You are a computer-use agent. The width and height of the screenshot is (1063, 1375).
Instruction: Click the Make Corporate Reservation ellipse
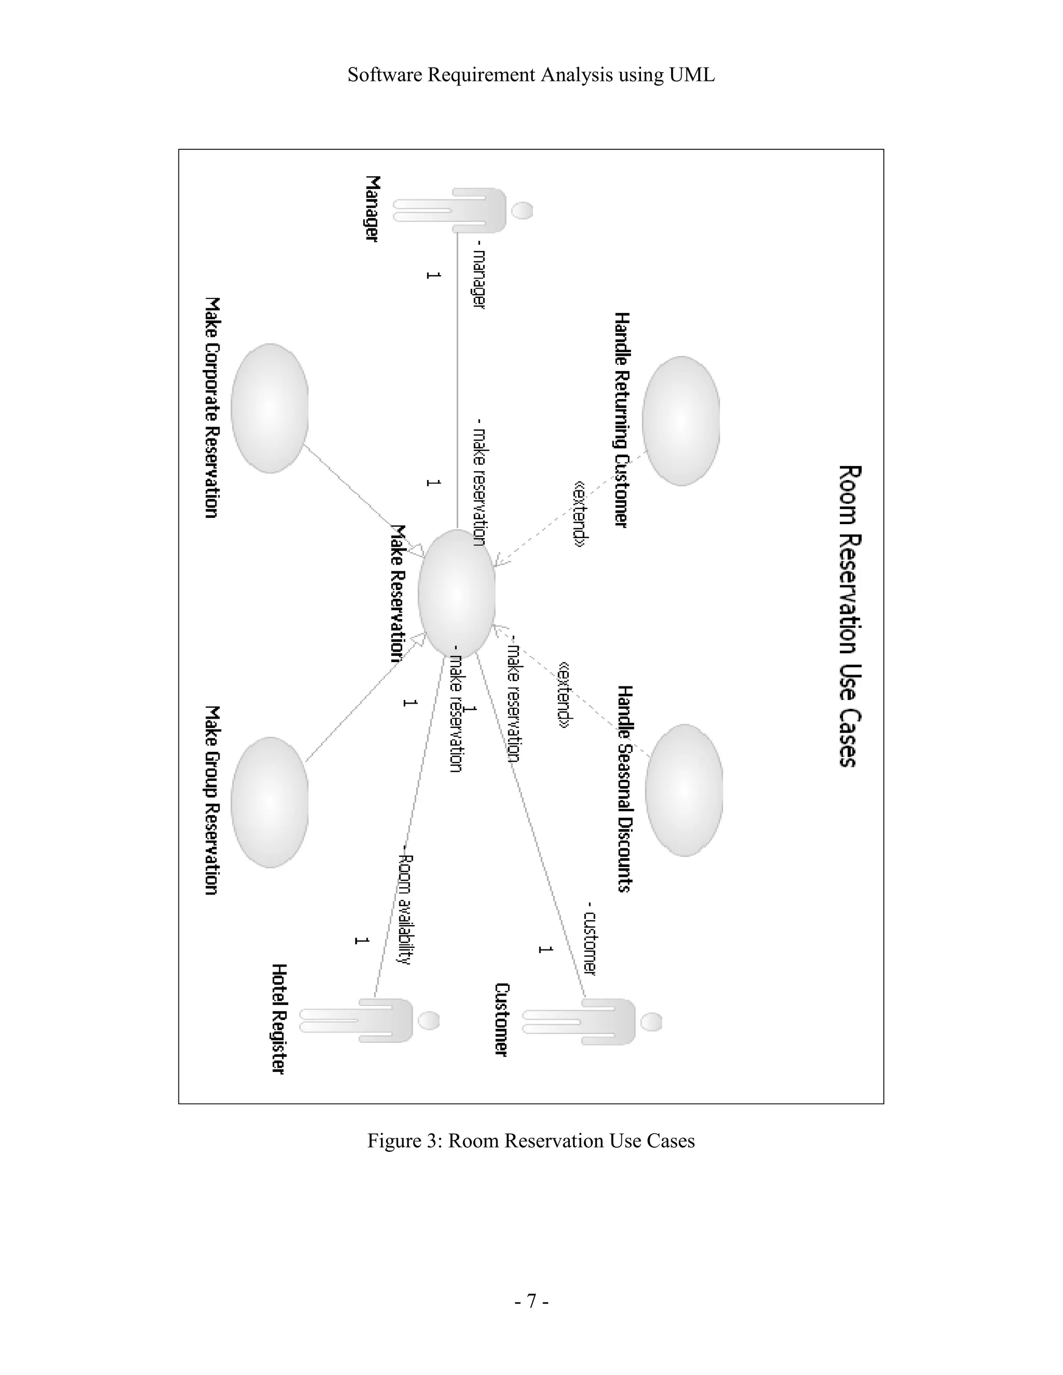[269, 408]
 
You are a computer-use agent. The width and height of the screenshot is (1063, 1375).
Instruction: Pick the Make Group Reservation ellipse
[269, 802]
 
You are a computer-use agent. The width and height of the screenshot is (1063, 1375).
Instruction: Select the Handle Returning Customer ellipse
[681, 421]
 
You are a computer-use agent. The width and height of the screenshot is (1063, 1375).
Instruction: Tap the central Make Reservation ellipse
[457, 594]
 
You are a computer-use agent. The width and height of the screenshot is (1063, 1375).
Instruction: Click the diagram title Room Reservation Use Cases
[849, 616]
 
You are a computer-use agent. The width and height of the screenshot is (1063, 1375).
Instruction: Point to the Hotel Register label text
[278, 1019]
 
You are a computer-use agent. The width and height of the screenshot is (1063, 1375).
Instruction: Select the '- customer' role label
[590, 939]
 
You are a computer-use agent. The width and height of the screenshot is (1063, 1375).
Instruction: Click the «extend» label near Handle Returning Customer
[579, 513]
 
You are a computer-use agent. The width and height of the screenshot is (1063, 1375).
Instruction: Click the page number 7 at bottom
[531, 1301]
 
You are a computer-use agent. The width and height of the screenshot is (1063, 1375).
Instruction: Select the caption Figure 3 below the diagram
[531, 1141]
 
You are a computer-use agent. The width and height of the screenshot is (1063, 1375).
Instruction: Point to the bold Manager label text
[373, 209]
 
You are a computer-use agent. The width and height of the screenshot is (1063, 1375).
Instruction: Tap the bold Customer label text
[501, 1019]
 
